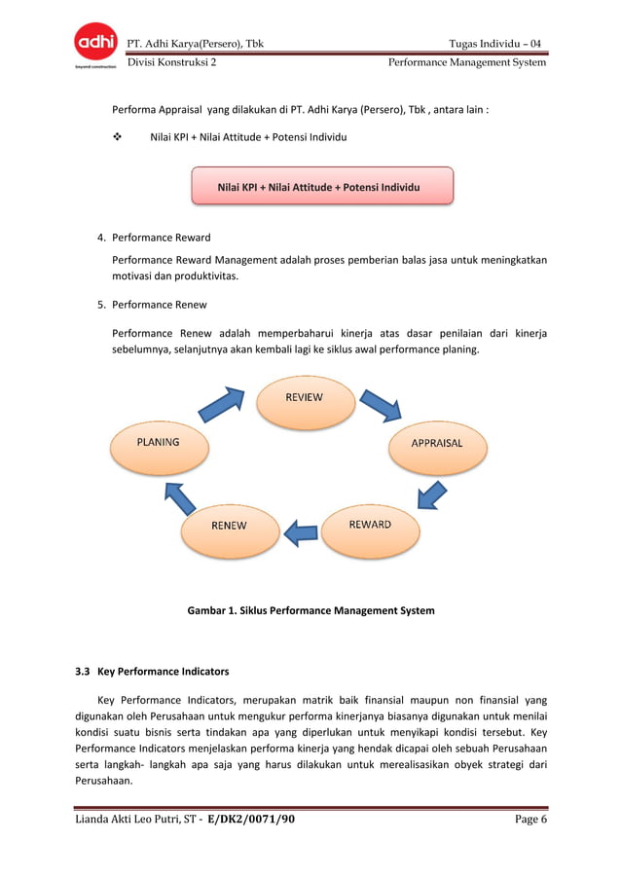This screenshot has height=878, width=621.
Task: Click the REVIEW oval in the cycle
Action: [303, 399]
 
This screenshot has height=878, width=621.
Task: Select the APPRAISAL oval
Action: [435, 444]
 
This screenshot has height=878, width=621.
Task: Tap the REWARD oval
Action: [369, 526]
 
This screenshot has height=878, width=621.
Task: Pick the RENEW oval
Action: [230, 527]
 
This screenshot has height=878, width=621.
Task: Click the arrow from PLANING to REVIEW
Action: [222, 404]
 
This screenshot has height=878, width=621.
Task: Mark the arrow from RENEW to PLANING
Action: [180, 495]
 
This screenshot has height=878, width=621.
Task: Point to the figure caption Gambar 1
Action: [310, 611]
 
